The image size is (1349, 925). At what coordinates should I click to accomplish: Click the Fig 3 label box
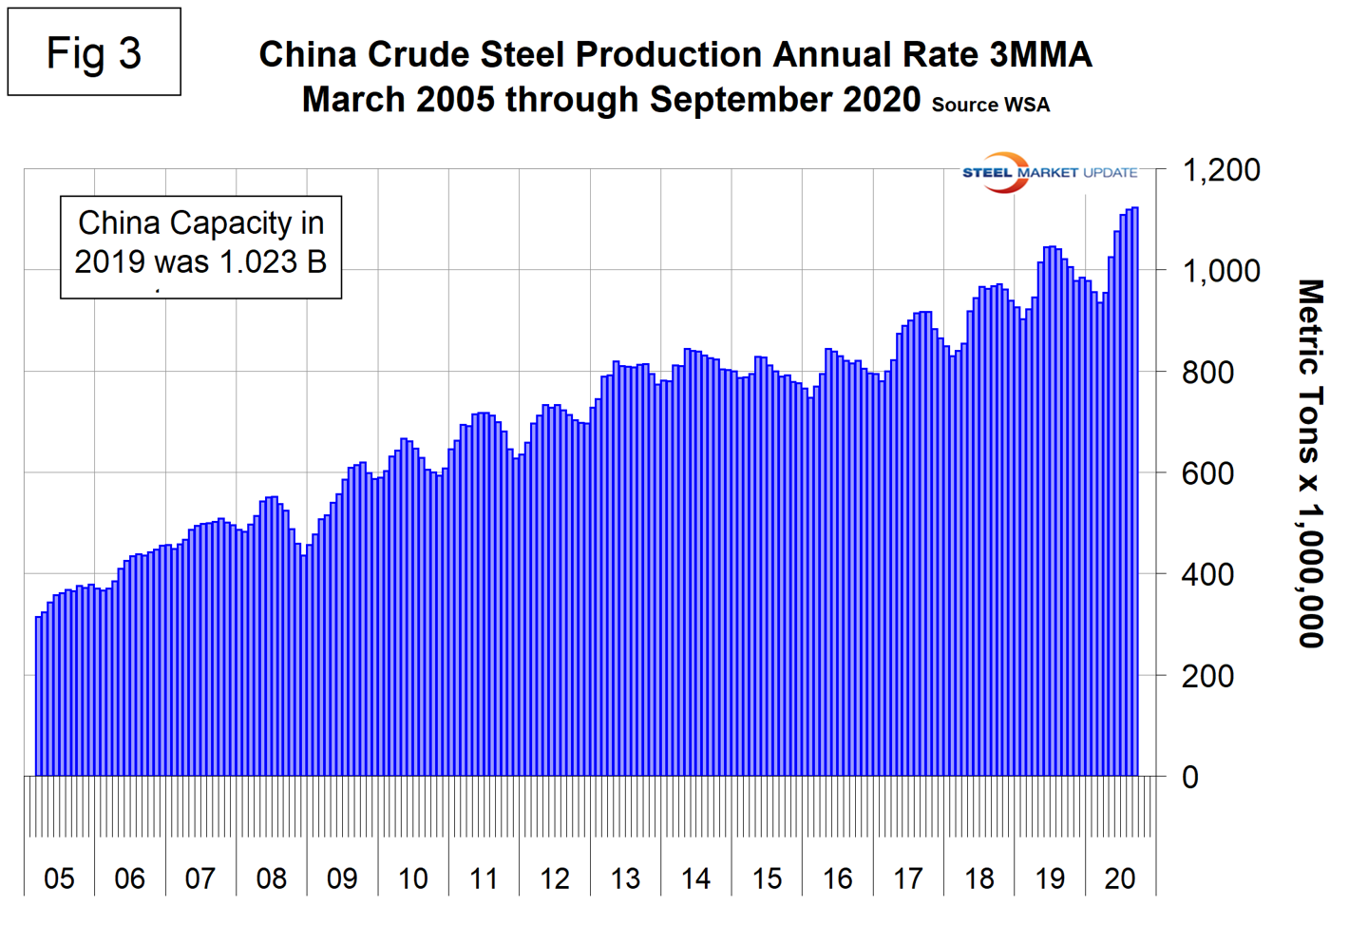(x=94, y=52)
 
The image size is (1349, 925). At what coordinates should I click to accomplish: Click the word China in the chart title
(x=309, y=55)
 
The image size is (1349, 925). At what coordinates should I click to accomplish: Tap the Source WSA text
(x=990, y=105)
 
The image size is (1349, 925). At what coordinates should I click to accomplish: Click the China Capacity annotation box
(x=200, y=246)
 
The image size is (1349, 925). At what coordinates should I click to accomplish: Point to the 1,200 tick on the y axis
(x=1220, y=171)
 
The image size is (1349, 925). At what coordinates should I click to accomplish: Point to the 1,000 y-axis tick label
(x=1220, y=272)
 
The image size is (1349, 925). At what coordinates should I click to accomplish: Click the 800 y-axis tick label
(x=1207, y=373)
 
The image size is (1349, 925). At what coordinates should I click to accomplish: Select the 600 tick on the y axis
(x=1207, y=473)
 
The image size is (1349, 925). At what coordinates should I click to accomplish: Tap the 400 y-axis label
(x=1207, y=575)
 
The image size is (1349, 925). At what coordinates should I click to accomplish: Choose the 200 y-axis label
(x=1207, y=677)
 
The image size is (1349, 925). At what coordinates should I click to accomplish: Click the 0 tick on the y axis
(x=1189, y=778)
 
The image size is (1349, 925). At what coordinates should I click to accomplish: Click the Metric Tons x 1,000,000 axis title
(x=1311, y=463)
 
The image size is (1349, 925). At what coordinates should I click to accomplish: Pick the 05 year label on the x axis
(x=59, y=878)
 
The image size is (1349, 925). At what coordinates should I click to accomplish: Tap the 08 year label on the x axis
(x=271, y=878)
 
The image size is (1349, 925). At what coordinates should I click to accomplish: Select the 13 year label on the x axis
(x=625, y=878)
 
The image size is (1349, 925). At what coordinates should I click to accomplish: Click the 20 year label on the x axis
(x=1120, y=878)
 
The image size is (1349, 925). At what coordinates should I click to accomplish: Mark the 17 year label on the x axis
(x=908, y=878)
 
